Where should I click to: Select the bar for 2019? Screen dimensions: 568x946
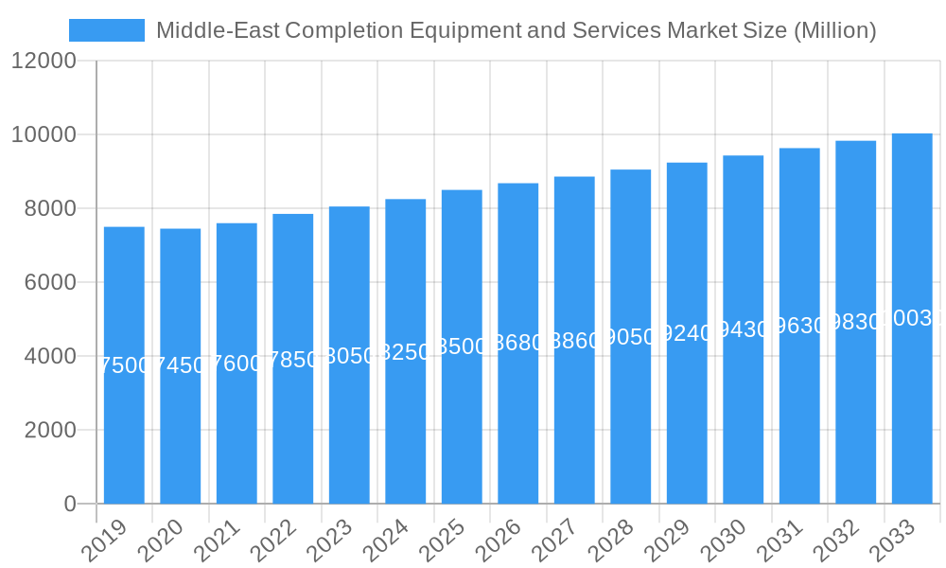[124, 426]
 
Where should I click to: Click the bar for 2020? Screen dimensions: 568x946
[180, 426]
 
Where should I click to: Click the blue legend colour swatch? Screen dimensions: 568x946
[107, 30]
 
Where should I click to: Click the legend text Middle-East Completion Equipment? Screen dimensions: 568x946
[516, 30]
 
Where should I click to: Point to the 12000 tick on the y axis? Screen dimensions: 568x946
[44, 62]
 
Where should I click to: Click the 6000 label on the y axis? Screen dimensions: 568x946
[56, 282]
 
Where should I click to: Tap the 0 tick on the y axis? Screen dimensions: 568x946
[70, 504]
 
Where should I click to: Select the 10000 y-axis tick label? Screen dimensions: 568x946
[44, 135]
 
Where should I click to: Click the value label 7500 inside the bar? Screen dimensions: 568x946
[124, 365]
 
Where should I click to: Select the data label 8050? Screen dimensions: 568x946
[349, 356]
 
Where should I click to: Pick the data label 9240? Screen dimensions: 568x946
[687, 334]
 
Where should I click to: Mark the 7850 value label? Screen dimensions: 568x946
[293, 360]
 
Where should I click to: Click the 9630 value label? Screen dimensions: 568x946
[799, 327]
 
